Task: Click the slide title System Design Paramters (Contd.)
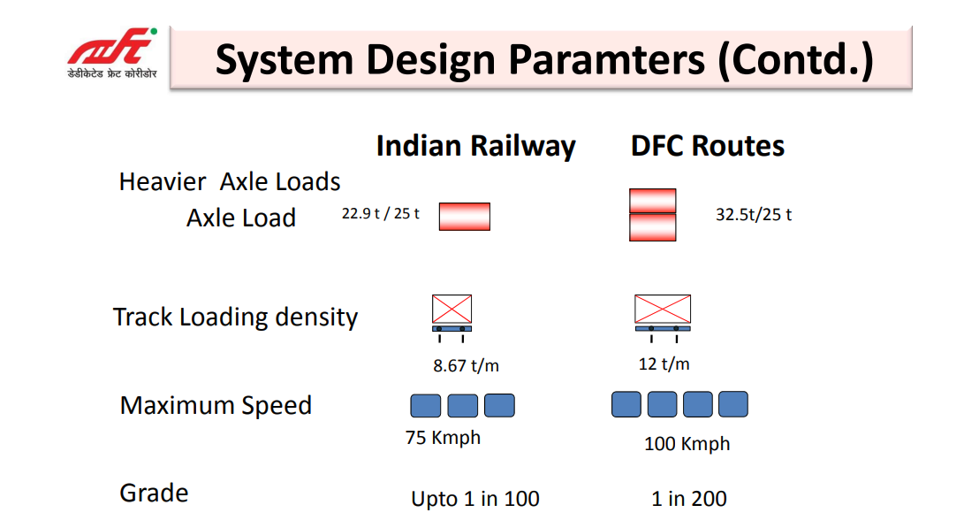(x=544, y=59)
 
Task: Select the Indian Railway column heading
(x=475, y=146)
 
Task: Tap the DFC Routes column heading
(x=708, y=146)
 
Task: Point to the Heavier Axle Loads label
(x=230, y=182)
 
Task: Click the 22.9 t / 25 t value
(x=381, y=213)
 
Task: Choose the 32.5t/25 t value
(x=754, y=215)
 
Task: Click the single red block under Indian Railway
(x=464, y=217)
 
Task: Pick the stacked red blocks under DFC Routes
(x=652, y=214)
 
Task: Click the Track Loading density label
(x=235, y=317)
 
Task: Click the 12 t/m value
(x=664, y=363)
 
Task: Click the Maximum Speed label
(x=216, y=406)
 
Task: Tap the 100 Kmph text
(x=687, y=444)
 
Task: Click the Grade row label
(x=154, y=493)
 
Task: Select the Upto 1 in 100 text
(x=475, y=499)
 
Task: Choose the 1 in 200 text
(x=689, y=499)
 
